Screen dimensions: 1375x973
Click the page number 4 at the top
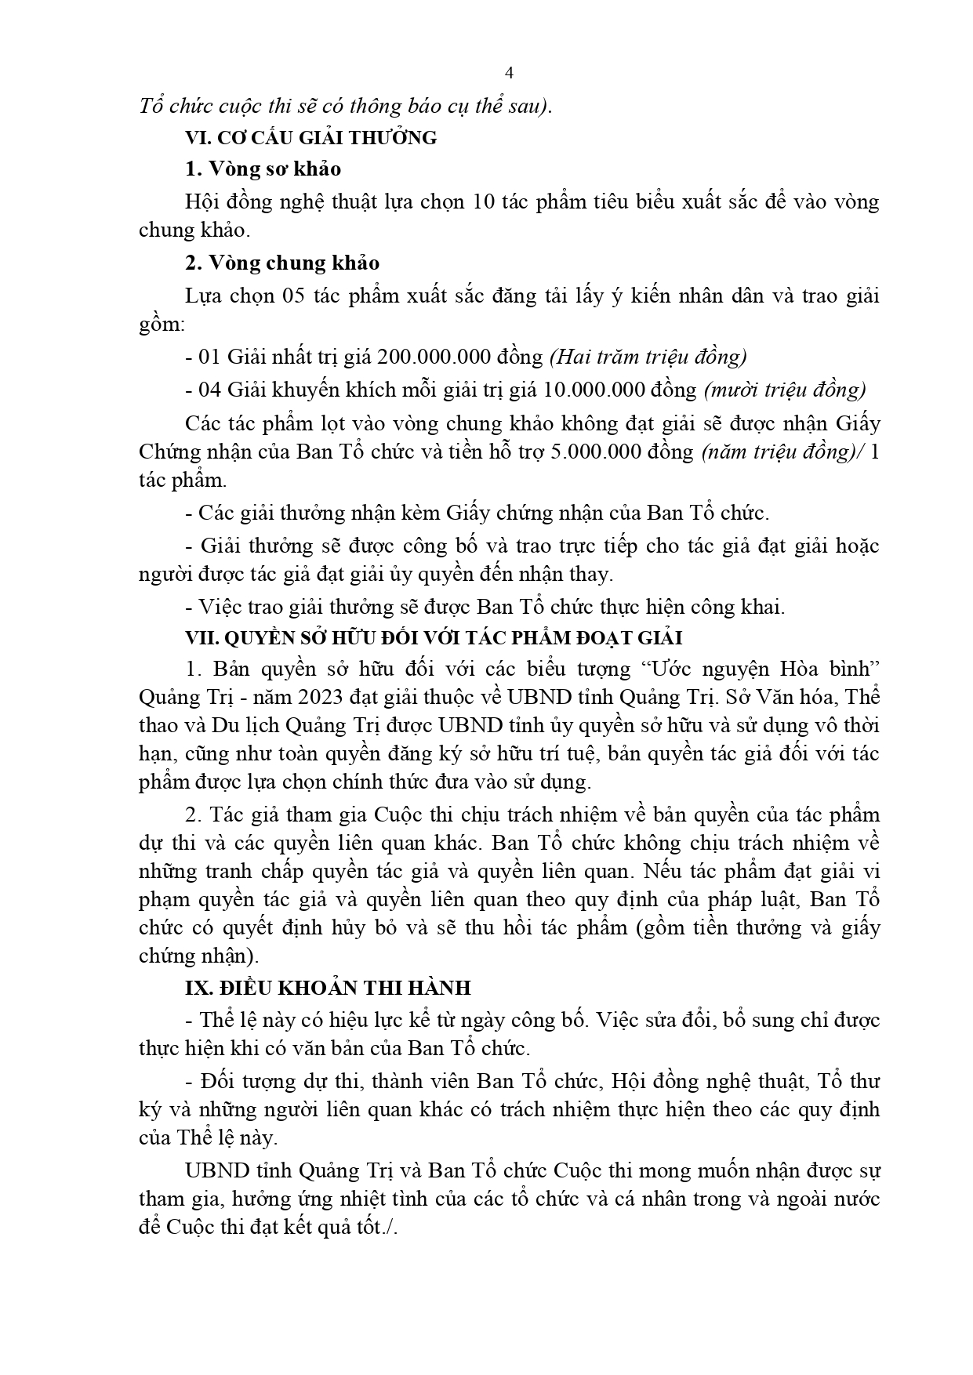tap(509, 74)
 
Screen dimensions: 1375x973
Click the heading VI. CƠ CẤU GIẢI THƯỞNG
tap(310, 138)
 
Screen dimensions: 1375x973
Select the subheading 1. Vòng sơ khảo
tap(263, 169)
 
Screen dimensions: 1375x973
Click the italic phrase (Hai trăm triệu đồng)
tap(648, 357)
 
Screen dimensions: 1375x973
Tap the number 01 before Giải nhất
tap(210, 357)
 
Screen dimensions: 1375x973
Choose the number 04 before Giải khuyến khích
tap(210, 390)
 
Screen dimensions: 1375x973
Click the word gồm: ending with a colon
tap(162, 325)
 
